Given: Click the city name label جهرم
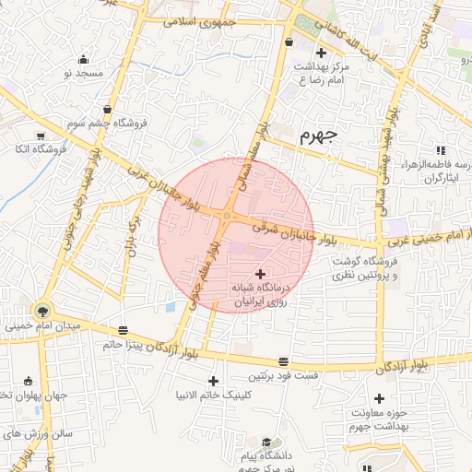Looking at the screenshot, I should [319, 136].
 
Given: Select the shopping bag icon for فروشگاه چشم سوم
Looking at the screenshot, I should [108, 110].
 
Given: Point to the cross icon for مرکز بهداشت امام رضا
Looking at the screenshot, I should [320, 53].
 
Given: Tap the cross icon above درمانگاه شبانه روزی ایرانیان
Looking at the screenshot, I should [261, 274].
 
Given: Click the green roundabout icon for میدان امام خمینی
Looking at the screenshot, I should [42, 310].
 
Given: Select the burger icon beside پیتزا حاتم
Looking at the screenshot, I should [124, 330].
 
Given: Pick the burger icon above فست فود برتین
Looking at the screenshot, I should [283, 362].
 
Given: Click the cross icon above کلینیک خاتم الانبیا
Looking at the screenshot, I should [213, 381].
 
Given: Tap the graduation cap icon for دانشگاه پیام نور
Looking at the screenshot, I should [266, 442].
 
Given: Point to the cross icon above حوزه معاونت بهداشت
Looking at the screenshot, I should [379, 397].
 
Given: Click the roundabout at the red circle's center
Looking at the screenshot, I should [226, 216].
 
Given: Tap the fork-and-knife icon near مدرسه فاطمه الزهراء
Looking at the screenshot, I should [441, 149].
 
